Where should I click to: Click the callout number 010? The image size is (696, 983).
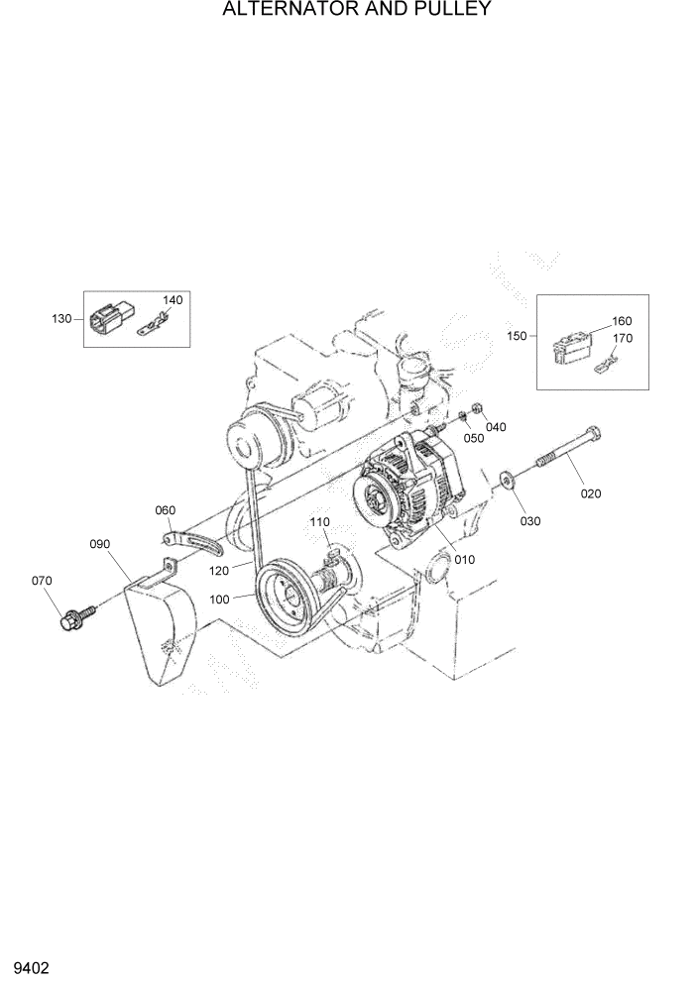click(464, 559)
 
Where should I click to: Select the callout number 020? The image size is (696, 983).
click(591, 492)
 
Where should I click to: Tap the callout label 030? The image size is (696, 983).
click(530, 521)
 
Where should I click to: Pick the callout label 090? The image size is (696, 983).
click(100, 543)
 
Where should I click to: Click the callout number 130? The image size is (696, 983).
click(61, 318)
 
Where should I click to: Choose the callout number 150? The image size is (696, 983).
click(517, 336)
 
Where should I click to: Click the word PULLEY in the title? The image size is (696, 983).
click(442, 10)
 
